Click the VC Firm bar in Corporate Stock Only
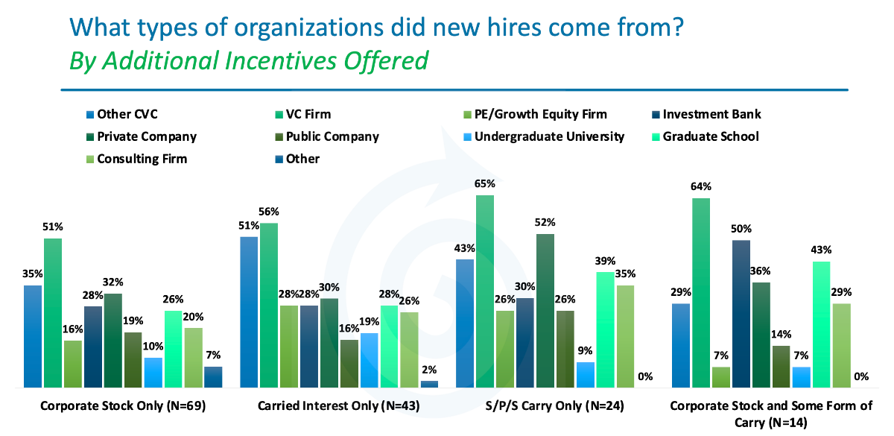click(x=53, y=313)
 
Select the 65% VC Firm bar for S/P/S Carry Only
click(x=485, y=291)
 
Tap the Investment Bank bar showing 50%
click(x=741, y=314)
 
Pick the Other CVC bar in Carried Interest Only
click(x=249, y=312)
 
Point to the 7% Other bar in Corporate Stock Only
click(x=213, y=377)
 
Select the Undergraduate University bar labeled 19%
click(x=369, y=360)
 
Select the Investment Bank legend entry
click(x=711, y=114)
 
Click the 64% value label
click(x=701, y=186)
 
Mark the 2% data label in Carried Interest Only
click(x=429, y=370)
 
